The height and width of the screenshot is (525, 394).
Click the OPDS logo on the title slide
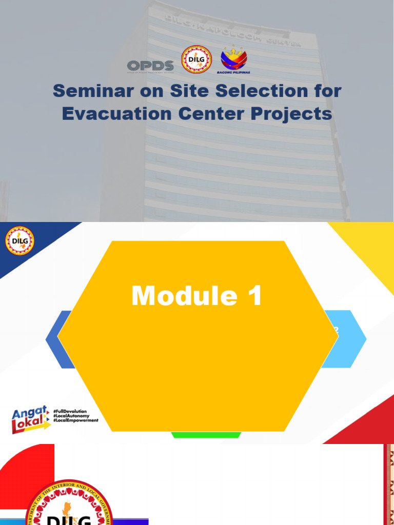(x=150, y=66)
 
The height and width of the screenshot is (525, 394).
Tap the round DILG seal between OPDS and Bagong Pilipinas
(x=196, y=60)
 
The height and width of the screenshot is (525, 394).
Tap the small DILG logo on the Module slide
(x=20, y=241)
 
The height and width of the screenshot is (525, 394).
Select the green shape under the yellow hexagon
(x=206, y=435)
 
